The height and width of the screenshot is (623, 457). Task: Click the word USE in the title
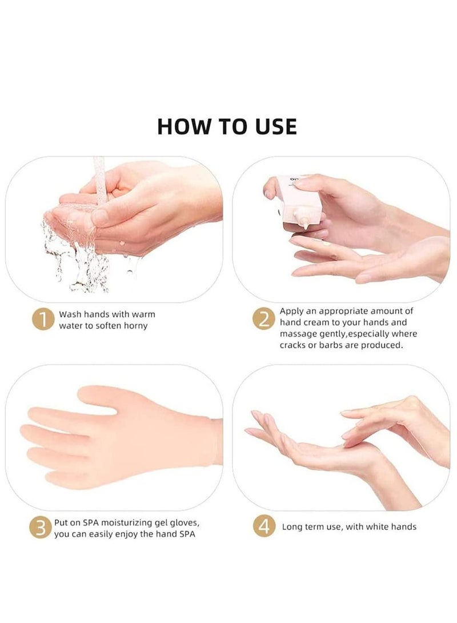click(x=274, y=126)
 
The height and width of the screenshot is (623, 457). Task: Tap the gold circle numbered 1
click(x=42, y=320)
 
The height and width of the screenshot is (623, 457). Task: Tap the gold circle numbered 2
click(x=264, y=320)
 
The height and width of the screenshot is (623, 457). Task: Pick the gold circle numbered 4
click(x=264, y=526)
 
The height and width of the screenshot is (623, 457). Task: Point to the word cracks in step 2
click(x=294, y=345)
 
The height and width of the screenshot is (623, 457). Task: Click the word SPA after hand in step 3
click(x=190, y=534)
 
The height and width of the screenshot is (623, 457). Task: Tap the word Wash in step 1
click(x=71, y=314)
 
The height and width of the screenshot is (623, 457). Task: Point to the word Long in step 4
click(x=292, y=526)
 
